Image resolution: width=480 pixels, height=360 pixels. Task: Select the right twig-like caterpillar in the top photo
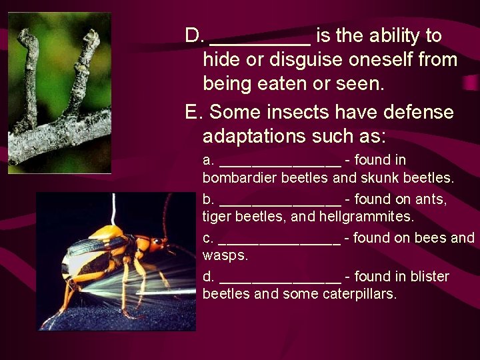[84, 73]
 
